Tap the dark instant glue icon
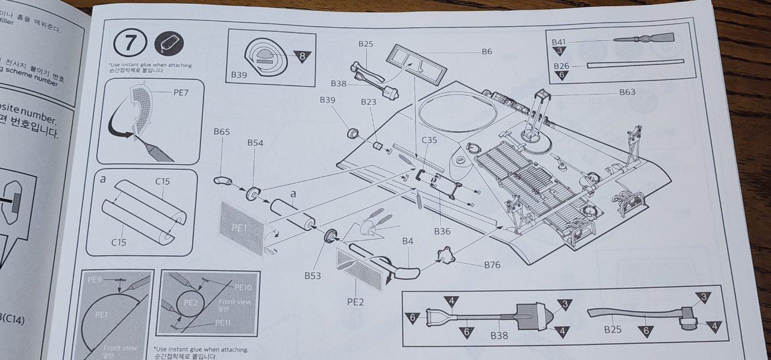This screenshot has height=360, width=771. click(x=169, y=44)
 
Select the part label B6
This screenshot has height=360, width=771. click(x=487, y=52)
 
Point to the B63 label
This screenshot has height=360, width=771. click(x=627, y=93)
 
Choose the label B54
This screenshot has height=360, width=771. click(x=255, y=143)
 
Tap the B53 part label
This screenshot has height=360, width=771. click(x=313, y=276)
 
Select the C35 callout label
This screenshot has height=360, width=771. click(x=429, y=140)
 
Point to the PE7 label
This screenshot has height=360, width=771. click(x=182, y=92)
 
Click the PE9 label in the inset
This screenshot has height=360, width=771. click(x=95, y=280)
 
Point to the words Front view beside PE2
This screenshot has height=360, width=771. click(x=236, y=302)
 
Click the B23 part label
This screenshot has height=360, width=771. click(x=369, y=102)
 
